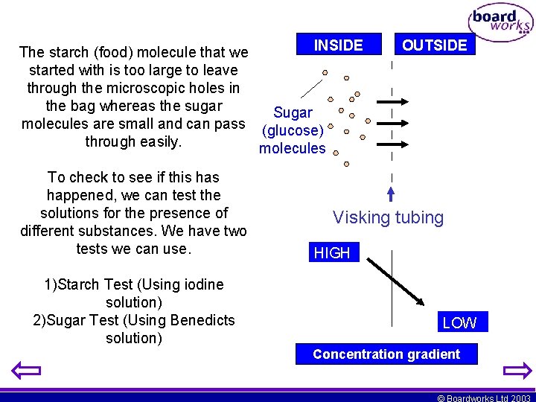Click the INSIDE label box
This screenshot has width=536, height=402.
(x=339, y=45)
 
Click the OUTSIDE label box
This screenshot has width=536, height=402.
(x=434, y=45)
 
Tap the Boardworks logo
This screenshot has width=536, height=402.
(x=500, y=23)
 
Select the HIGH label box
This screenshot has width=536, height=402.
(x=332, y=253)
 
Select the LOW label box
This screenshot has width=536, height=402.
(x=459, y=322)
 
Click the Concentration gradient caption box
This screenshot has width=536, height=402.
(x=386, y=354)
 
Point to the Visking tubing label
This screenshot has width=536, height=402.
(x=388, y=217)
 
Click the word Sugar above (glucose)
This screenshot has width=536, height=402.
(x=293, y=112)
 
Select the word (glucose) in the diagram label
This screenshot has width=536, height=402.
(x=293, y=130)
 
